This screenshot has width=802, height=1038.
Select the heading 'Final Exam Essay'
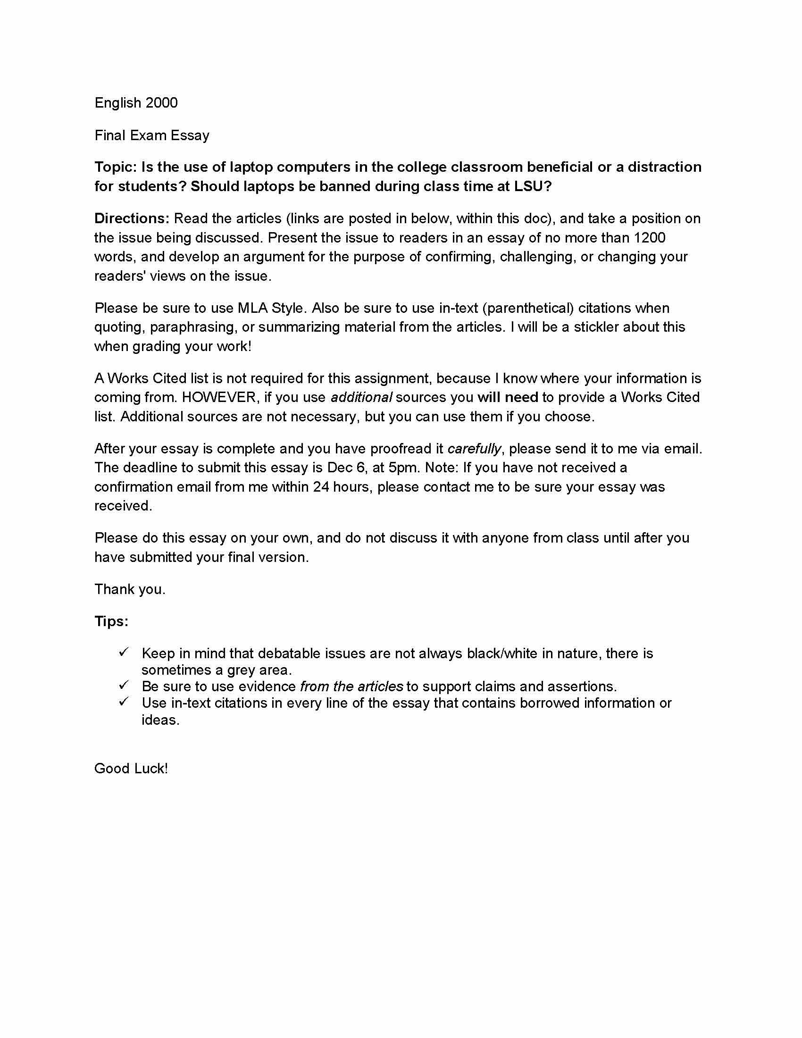click(151, 135)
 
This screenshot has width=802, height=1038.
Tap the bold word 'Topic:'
click(116, 167)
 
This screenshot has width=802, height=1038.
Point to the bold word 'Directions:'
click(132, 218)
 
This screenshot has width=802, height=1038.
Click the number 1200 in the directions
click(650, 237)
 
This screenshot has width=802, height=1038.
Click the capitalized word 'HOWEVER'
click(218, 397)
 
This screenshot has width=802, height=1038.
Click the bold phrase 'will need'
click(508, 397)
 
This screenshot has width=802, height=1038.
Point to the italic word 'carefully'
click(474, 448)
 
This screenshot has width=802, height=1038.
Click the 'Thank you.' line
click(130, 589)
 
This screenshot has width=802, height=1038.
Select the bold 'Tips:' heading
click(111, 621)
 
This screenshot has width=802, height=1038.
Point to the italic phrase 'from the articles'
click(351, 686)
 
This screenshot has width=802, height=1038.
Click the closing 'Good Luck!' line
click(131, 769)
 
